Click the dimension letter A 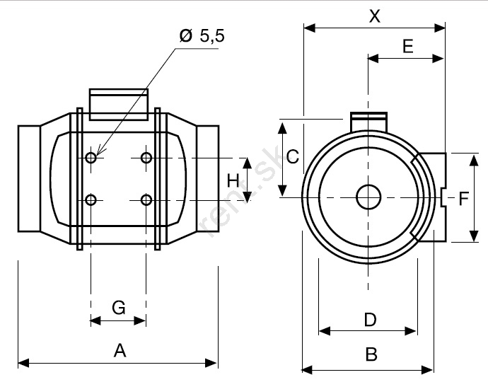pyautogui.click(x=120, y=350)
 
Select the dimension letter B pyautogui.click(x=371, y=354)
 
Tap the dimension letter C pyautogui.click(x=293, y=156)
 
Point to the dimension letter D pyautogui.click(x=370, y=320)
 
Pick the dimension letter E pyautogui.click(x=407, y=47)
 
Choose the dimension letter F pyautogui.click(x=464, y=199)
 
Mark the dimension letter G pyautogui.click(x=119, y=308)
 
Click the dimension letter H pyautogui.click(x=233, y=180)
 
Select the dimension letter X pyautogui.click(x=375, y=16)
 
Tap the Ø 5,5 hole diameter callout pyautogui.click(x=202, y=36)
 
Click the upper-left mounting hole pyautogui.click(x=91, y=158)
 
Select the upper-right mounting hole pyautogui.click(x=146, y=158)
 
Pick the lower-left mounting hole pyautogui.click(x=91, y=200)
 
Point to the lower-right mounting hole pyautogui.click(x=146, y=200)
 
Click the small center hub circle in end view pyautogui.click(x=368, y=197)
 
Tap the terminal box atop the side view pyautogui.click(x=119, y=104)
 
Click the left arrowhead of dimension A pyautogui.click(x=23, y=363)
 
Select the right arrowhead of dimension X pyautogui.click(x=439, y=28)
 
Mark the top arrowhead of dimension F pyautogui.click(x=474, y=159)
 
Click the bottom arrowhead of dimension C pyautogui.click(x=282, y=190)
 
